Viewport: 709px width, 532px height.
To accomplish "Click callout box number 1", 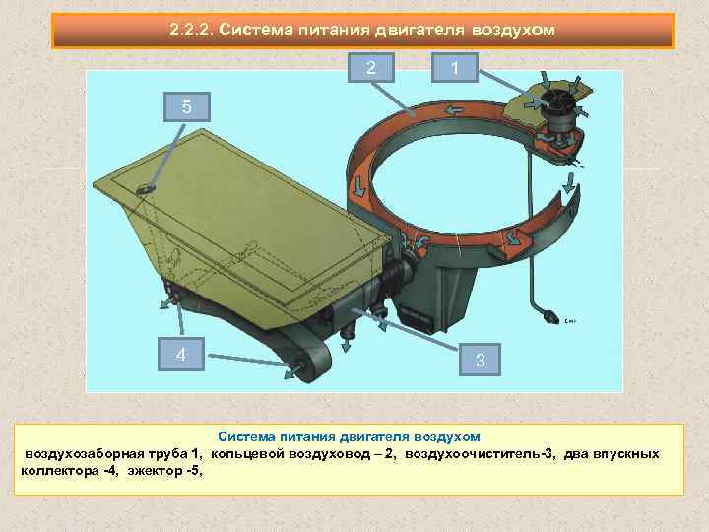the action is (454, 68).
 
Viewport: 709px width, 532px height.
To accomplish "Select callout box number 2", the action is (371, 67).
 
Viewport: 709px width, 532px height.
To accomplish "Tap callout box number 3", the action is (480, 360).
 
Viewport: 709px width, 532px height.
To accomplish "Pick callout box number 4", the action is (181, 355).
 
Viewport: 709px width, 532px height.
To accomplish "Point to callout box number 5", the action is (187, 106).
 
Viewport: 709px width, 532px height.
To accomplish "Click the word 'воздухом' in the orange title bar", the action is (513, 31).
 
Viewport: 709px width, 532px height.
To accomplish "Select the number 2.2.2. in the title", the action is (191, 30).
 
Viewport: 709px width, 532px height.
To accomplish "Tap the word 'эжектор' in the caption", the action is (156, 471).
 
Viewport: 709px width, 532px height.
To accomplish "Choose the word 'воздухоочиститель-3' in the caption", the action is (481, 454).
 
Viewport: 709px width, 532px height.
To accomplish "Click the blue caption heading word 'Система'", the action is (246, 437).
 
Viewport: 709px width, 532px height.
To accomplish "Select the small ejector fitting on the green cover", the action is (146, 189).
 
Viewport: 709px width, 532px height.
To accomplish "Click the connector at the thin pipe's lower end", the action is (550, 316).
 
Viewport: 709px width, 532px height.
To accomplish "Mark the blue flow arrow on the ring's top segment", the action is (454, 110).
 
